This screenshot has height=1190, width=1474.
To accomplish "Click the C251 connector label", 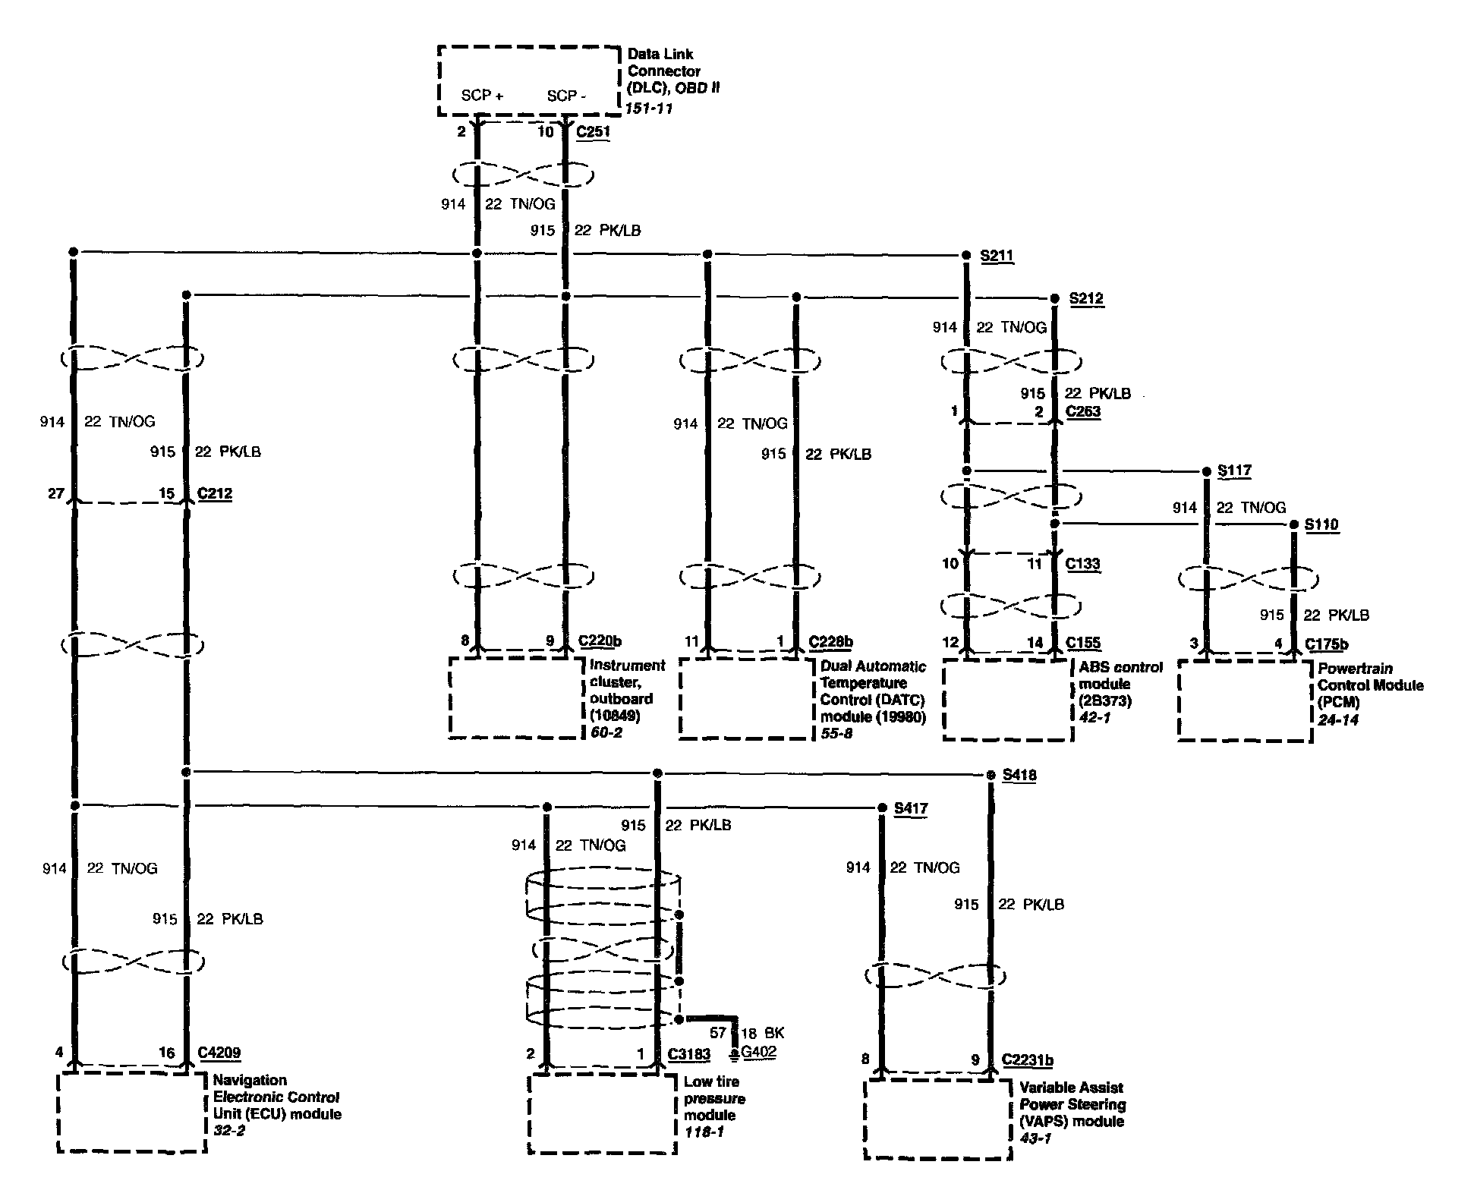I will pyautogui.click(x=593, y=131).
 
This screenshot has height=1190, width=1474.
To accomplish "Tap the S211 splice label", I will pyautogui.click(x=997, y=255).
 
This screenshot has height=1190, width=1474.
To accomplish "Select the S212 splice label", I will pyautogui.click(x=1086, y=298).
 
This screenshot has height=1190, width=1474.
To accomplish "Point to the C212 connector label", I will pyautogui.click(x=215, y=493).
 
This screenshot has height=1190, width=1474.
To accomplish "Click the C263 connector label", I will pyautogui.click(x=1083, y=411).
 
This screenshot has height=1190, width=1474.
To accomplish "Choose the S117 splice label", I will pyautogui.click(x=1234, y=471).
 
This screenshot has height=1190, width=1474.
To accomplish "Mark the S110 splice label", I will pyautogui.click(x=1321, y=524).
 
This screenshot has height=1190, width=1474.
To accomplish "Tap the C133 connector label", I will pyautogui.click(x=1083, y=563).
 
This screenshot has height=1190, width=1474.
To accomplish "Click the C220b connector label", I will pyautogui.click(x=600, y=641).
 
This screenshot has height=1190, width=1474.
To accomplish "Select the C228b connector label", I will pyautogui.click(x=830, y=642).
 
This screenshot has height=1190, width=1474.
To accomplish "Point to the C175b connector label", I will pyautogui.click(x=1327, y=644).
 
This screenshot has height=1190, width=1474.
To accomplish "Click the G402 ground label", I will pyautogui.click(x=758, y=1052).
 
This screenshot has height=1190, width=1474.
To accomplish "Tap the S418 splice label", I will pyautogui.click(x=1019, y=775).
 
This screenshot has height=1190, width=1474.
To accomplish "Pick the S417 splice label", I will pyautogui.click(x=911, y=808).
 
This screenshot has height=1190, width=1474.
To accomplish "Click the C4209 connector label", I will pyautogui.click(x=219, y=1053).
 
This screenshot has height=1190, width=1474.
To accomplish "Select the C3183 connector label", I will pyautogui.click(x=689, y=1054).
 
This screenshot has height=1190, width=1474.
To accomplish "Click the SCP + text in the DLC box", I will pyautogui.click(x=482, y=96).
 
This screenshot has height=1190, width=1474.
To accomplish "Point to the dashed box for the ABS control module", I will pyautogui.click(x=1007, y=700).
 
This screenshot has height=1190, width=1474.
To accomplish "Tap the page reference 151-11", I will pyautogui.click(x=648, y=109).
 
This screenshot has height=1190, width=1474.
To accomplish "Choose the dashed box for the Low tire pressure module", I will pyautogui.click(x=602, y=1113).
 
